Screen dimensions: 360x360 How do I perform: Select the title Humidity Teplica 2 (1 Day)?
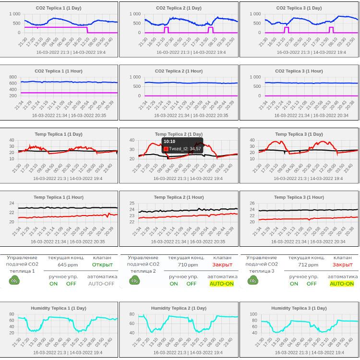[179, 308]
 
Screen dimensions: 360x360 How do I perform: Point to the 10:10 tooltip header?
[169, 142]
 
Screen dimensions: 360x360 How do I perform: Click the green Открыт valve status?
[102, 265]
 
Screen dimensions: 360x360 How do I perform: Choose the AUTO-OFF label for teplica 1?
[101, 284]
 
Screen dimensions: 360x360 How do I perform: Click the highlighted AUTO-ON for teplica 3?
[342, 284]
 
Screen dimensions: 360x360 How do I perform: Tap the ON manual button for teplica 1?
[53, 284]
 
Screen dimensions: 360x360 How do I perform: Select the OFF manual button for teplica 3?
[312, 284]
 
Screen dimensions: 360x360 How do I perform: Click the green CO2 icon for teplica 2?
[134, 280]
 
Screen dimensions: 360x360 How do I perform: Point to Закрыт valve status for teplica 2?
[222, 265]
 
